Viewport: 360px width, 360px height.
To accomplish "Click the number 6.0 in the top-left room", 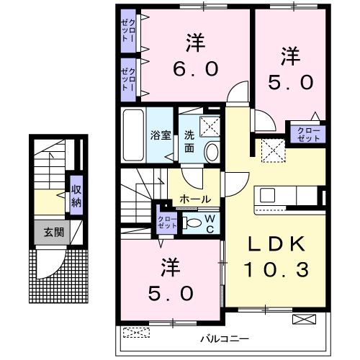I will click(194, 70).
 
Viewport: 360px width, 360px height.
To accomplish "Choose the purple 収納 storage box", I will click(76, 193).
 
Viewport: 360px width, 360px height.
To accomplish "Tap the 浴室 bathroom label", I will click(160, 135).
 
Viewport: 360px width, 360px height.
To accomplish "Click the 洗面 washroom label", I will click(189, 139).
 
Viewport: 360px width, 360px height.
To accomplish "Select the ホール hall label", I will click(194, 199).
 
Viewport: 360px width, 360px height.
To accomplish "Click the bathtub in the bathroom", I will click(135, 135).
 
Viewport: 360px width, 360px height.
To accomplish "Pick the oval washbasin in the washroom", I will click(212, 152).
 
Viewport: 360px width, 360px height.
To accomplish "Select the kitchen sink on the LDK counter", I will click(268, 195).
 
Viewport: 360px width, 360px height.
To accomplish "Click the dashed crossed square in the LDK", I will click(274, 150).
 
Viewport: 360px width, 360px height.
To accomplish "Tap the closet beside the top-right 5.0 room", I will click(307, 133).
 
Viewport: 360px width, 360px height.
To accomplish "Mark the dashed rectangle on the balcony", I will click(136, 332).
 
